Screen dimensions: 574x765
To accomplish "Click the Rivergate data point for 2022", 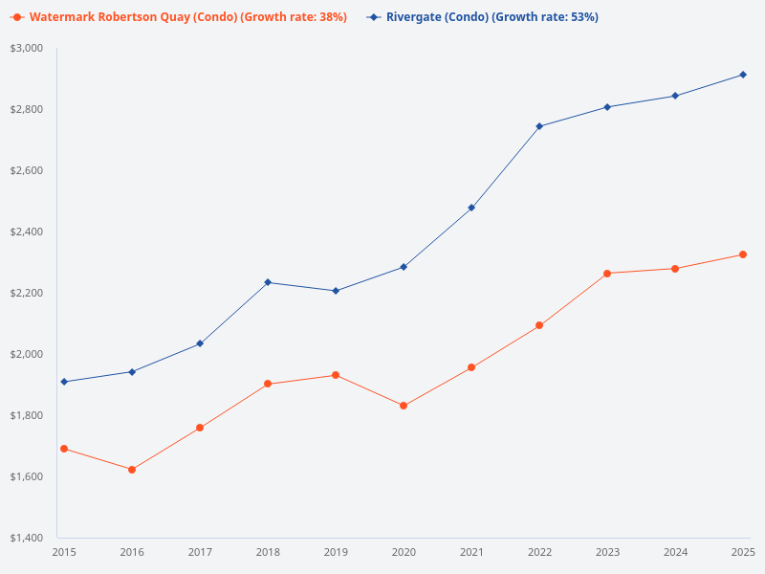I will point(539,126).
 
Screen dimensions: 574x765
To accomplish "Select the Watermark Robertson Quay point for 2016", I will point(132,470).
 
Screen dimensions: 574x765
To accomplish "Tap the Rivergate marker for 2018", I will point(268,282).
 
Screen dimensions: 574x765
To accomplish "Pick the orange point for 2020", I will point(404,406).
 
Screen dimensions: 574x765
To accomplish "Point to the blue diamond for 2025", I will point(743,75).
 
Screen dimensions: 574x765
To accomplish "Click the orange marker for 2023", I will point(607,274).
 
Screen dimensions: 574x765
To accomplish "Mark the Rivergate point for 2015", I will point(64,382).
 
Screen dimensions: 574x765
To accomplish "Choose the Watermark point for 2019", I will point(336,375).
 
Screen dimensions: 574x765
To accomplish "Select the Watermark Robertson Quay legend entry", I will point(187,17).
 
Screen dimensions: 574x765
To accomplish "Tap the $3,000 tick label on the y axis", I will point(27,49).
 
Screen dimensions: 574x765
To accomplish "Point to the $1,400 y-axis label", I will point(27,539).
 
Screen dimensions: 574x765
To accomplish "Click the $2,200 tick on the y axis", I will point(27,294).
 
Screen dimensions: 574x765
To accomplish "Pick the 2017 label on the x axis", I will point(200,552).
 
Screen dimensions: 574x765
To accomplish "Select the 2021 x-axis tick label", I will point(471,552).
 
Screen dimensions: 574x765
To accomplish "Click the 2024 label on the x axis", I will point(675,552).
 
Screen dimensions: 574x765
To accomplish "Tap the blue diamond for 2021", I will point(471,208).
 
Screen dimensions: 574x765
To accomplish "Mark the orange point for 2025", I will point(743,254).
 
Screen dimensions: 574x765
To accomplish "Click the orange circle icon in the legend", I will point(17,17).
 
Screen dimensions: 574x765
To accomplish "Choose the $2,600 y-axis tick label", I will point(27,171).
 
